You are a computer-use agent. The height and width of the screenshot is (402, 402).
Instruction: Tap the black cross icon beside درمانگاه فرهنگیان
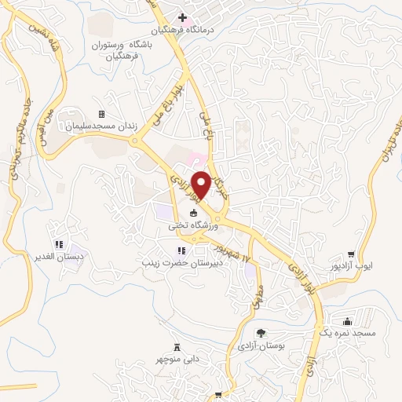pyautogui.click(x=182, y=17)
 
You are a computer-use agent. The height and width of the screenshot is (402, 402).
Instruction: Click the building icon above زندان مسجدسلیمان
pyautogui.click(x=100, y=115)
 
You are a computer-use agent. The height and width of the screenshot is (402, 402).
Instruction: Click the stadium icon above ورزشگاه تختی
pyautogui.click(x=193, y=213)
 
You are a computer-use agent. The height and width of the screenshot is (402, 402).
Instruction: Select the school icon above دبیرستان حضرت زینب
pyautogui.click(x=181, y=251)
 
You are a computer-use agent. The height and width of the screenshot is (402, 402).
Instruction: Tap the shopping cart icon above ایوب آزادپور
pyautogui.click(x=351, y=254)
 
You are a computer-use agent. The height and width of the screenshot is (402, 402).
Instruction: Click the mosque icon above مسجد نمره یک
pyautogui.click(x=347, y=321)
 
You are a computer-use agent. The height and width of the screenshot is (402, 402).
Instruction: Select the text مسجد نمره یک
pyautogui.click(x=353, y=334)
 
